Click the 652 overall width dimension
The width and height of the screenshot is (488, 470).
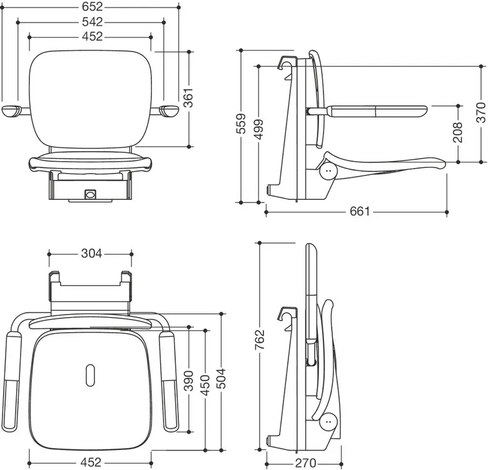pyautogui.click(x=93, y=6)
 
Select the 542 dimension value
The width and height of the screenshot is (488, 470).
pyautogui.click(x=93, y=22)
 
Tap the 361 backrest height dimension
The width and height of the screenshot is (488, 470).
pyautogui.click(x=188, y=98)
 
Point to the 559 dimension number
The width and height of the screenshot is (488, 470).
pyautogui.click(x=241, y=123)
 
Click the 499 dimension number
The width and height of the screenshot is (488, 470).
pyautogui.click(x=258, y=128)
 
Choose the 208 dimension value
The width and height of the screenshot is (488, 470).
pyautogui.click(x=457, y=132)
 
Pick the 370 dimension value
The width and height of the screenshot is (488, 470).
pyautogui.click(x=481, y=113)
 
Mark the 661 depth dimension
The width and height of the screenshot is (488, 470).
pyautogui.click(x=360, y=211)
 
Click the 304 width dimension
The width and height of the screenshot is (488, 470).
pyautogui.click(x=91, y=254)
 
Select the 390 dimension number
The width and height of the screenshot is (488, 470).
pyautogui.click(x=188, y=381)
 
